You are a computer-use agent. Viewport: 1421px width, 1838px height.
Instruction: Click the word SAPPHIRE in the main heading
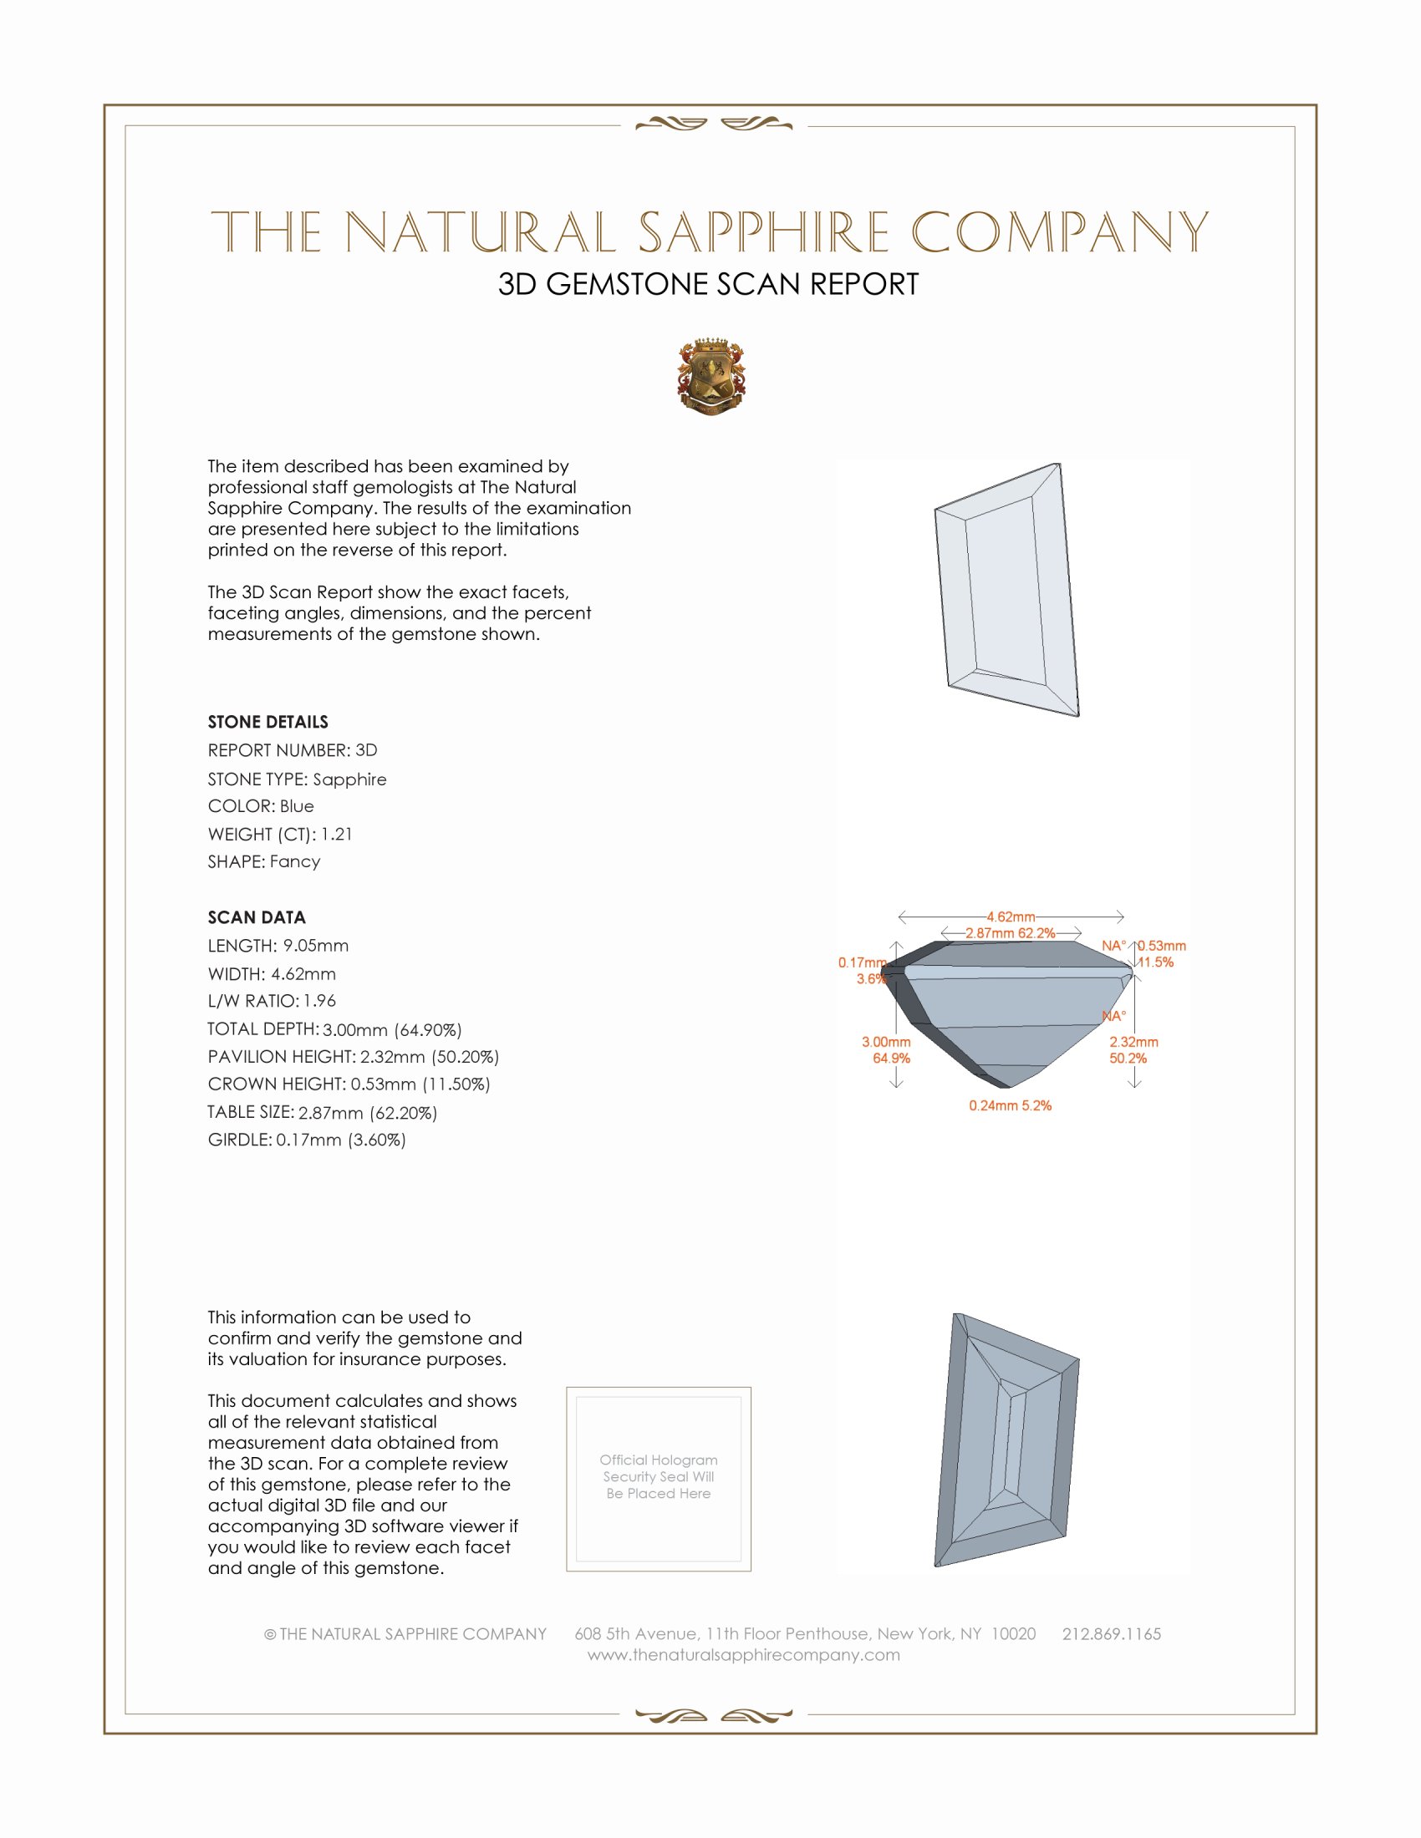[x=763, y=232]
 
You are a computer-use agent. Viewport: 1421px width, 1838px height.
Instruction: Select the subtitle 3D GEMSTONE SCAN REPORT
[x=708, y=284]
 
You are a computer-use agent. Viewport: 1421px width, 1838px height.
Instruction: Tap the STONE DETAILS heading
[x=267, y=722]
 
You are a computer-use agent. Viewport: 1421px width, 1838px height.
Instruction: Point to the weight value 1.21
[x=337, y=834]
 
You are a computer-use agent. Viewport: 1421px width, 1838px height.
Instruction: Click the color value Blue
[x=297, y=806]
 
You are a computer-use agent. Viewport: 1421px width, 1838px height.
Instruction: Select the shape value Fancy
[x=294, y=862]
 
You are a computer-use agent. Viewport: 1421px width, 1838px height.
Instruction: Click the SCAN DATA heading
[x=257, y=917]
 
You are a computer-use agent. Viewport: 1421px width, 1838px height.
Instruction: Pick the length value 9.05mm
[x=315, y=946]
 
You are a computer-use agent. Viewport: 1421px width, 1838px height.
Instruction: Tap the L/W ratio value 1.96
[x=319, y=1002]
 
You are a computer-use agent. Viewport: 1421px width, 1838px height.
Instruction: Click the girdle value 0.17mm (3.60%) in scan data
[x=341, y=1140]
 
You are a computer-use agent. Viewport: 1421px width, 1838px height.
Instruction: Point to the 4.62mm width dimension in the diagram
[x=1011, y=916]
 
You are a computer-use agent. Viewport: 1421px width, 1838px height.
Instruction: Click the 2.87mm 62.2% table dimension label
[x=1011, y=933]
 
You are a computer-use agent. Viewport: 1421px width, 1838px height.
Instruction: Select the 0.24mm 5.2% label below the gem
[x=1010, y=1106]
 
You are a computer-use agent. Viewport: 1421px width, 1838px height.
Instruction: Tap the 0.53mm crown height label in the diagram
[x=1162, y=946]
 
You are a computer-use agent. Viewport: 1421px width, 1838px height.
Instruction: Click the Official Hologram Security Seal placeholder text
[x=659, y=1476]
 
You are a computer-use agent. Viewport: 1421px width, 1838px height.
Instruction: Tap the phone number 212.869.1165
[x=1111, y=1634]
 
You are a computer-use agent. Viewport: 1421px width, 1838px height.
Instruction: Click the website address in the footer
[x=743, y=1655]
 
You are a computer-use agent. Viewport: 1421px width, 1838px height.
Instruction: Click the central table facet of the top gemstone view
[x=1004, y=589]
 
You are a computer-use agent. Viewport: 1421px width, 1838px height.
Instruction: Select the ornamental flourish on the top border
[x=713, y=124]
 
